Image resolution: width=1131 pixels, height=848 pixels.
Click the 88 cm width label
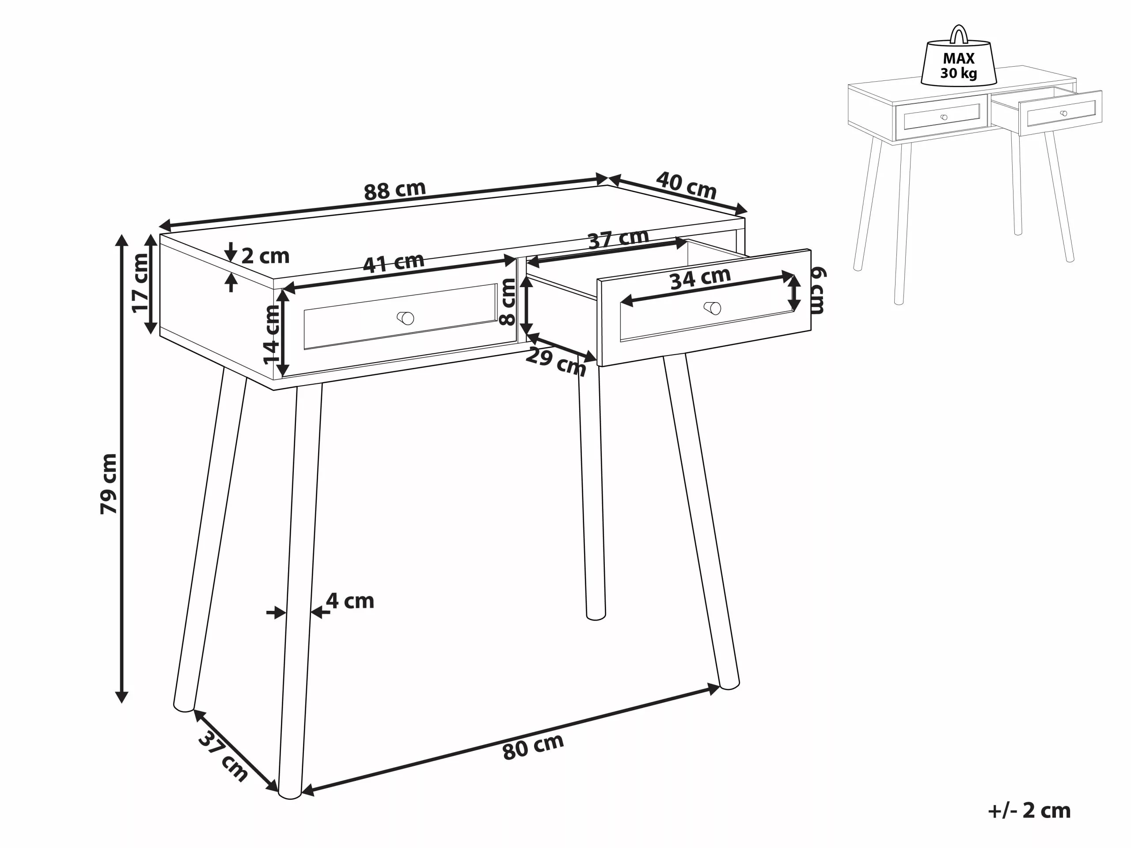[x=394, y=190]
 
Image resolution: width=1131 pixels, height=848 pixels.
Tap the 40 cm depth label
[x=686, y=185]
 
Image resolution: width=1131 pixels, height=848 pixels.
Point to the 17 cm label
[x=140, y=283]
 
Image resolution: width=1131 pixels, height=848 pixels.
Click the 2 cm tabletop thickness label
[x=265, y=256]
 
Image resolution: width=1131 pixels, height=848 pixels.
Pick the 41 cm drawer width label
[x=393, y=263]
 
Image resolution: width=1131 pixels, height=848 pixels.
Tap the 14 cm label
[x=272, y=334]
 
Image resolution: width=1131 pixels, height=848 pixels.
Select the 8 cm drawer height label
[x=508, y=302]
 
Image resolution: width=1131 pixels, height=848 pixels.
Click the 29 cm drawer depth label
[x=556, y=361]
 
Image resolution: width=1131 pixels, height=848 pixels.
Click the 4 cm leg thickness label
[x=350, y=601]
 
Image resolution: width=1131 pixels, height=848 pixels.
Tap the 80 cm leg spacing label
[x=533, y=746]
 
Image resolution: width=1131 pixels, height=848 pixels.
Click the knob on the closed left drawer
[x=406, y=318]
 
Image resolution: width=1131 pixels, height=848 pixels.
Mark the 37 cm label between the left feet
[x=223, y=756]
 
